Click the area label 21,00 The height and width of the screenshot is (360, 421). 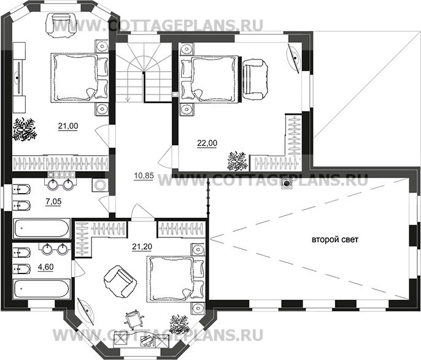[x=68, y=126]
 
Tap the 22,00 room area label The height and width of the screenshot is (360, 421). [x=207, y=144]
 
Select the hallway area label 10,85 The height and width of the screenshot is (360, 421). [x=144, y=176]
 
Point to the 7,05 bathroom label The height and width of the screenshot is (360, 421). [x=54, y=201]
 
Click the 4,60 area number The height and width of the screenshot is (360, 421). [x=45, y=267]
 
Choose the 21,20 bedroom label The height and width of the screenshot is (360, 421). [x=142, y=247]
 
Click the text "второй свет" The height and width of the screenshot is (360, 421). [x=335, y=239]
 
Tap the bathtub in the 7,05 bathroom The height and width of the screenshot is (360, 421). [x=42, y=229]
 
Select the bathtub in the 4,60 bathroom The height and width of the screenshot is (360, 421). [x=42, y=289]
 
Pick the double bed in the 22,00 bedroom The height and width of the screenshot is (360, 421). [x=210, y=79]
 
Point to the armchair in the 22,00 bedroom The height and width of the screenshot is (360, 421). [x=255, y=80]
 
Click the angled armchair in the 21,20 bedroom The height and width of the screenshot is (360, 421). [x=120, y=281]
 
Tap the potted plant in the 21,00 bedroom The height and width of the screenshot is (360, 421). [x=25, y=129]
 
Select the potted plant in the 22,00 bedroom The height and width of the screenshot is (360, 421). [x=237, y=161]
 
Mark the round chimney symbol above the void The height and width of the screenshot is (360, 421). [x=287, y=184]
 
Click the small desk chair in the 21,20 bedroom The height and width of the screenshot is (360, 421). [x=133, y=318]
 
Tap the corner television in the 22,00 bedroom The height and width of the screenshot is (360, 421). [x=294, y=58]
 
